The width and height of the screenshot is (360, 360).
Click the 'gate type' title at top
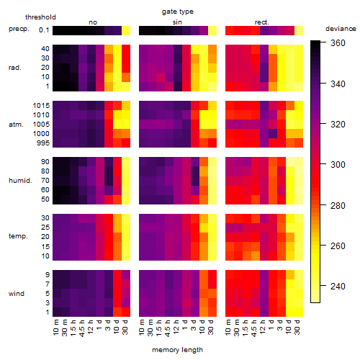click(x=178, y=12)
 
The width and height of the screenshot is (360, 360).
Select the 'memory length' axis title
click(x=177, y=350)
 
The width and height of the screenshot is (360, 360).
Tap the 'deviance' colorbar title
click(x=341, y=29)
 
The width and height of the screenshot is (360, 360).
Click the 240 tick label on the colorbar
click(x=338, y=286)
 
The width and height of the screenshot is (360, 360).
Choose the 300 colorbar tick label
click(x=338, y=165)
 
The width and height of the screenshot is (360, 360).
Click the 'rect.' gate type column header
click(x=261, y=22)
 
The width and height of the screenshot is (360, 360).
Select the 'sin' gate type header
click(x=177, y=22)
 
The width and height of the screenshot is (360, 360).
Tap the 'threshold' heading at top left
click(x=40, y=17)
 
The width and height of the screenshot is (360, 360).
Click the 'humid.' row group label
click(x=20, y=181)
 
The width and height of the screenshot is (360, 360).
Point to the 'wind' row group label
click(x=17, y=294)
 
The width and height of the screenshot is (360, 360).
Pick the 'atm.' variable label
click(x=16, y=125)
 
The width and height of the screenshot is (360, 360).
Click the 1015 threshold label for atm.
click(x=41, y=106)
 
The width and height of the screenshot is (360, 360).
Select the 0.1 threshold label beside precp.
click(x=44, y=30)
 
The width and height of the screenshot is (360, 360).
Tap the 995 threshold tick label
click(x=43, y=143)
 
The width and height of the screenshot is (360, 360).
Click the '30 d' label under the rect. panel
click(x=297, y=327)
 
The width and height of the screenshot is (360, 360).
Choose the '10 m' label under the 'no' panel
click(x=55, y=328)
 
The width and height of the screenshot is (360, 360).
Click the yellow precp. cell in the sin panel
click(x=212, y=30)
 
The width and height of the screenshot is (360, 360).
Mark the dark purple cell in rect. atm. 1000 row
click(x=273, y=134)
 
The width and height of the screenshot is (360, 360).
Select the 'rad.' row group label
click(x=15, y=68)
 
